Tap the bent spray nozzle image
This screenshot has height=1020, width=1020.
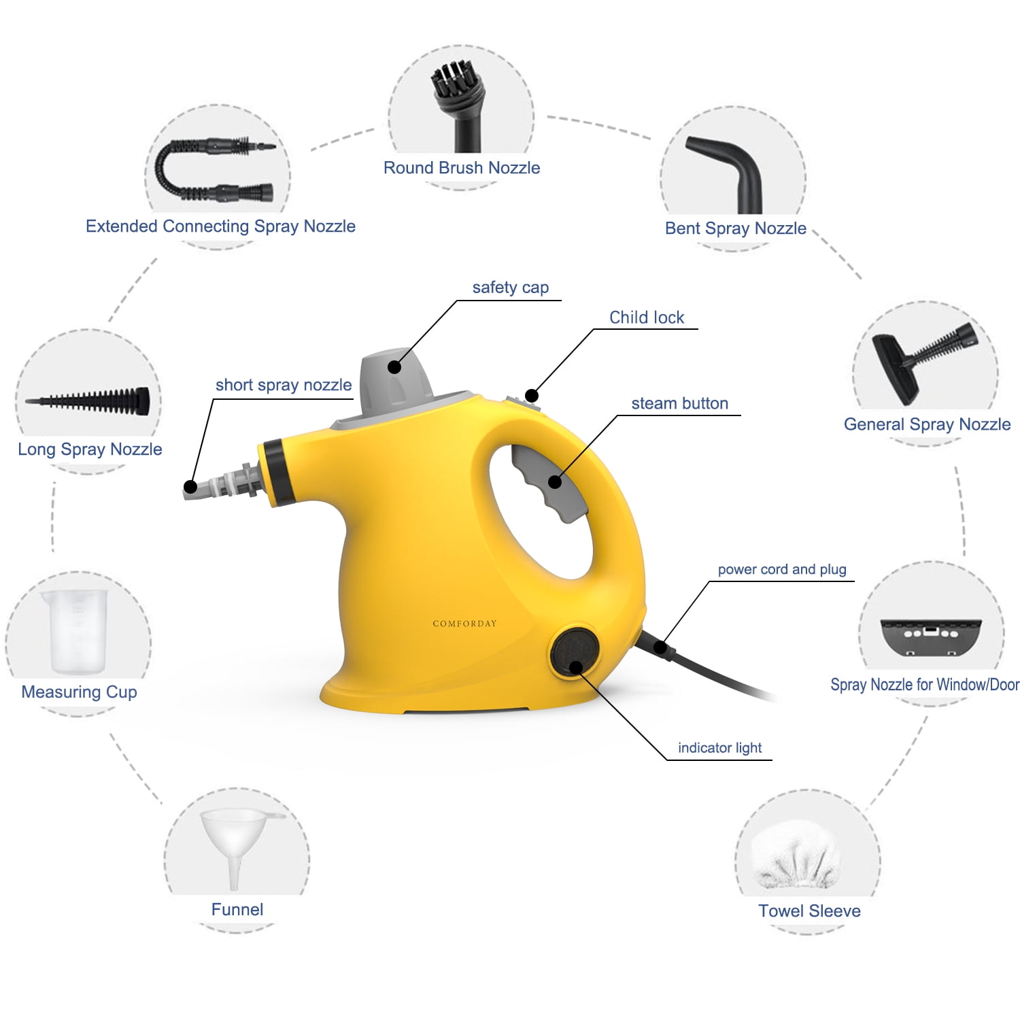pos(731,170)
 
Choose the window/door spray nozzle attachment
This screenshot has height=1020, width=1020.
pos(930,636)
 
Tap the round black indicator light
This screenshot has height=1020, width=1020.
pos(575,652)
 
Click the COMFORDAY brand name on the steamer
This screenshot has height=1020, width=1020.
pos(464,624)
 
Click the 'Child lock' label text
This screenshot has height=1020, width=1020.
pos(646,318)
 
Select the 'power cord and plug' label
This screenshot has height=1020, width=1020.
pos(782,569)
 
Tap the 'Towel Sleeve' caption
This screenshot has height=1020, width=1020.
pos(809,911)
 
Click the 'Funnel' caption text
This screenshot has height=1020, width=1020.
pos(237,910)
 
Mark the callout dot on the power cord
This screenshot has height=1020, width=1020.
pos(660,647)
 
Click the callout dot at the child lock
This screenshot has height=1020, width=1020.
pos(532,396)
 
